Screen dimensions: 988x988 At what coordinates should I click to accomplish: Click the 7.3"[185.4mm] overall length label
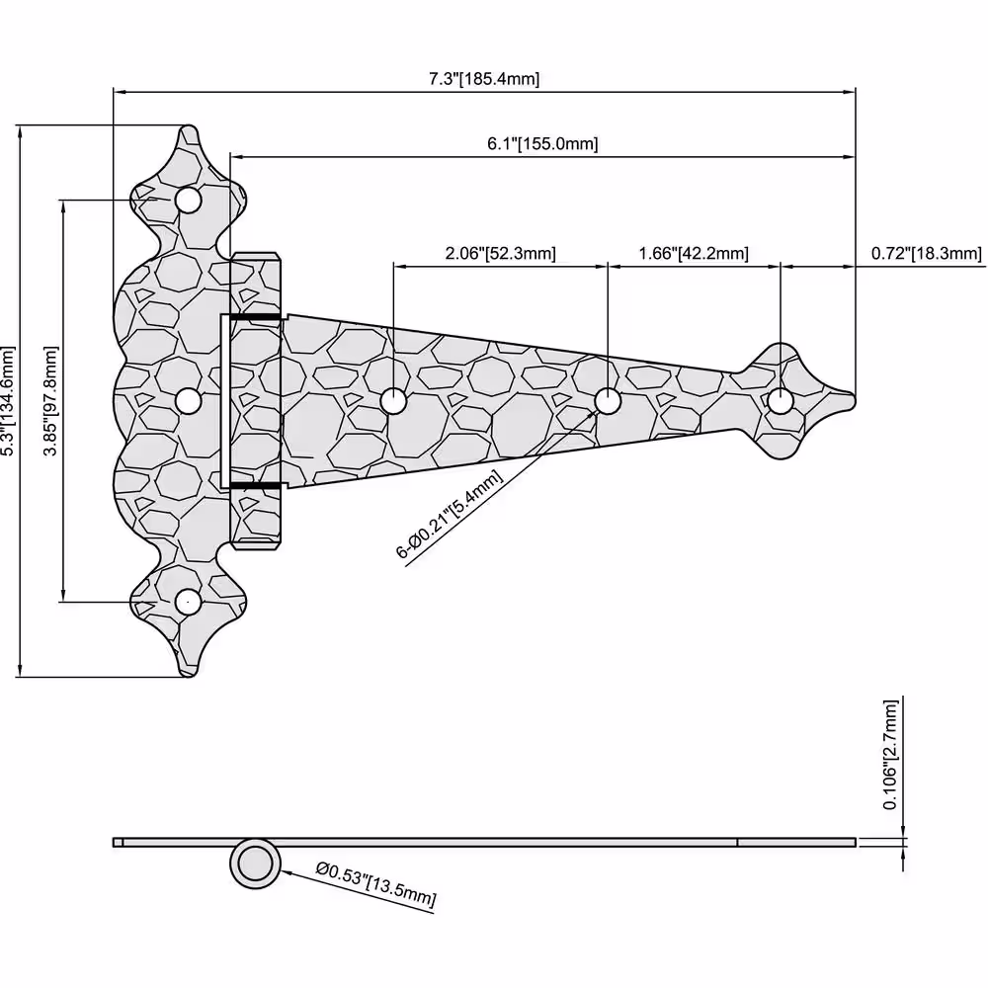pyautogui.click(x=484, y=79)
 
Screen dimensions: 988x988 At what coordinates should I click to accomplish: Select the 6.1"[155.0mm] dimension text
pyautogui.click(x=542, y=143)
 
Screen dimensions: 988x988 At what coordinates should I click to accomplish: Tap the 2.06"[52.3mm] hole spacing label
pyautogui.click(x=500, y=253)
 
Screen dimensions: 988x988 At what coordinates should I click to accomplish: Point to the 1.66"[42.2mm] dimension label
pyautogui.click(x=694, y=253)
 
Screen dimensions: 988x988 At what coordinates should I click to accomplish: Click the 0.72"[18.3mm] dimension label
pyautogui.click(x=927, y=253)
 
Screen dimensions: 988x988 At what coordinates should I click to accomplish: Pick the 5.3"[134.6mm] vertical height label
pyautogui.click(x=8, y=401)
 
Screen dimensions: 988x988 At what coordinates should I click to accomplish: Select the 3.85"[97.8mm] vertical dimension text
pyautogui.click(x=50, y=401)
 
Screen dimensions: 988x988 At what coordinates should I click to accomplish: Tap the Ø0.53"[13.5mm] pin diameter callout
pyautogui.click(x=376, y=884)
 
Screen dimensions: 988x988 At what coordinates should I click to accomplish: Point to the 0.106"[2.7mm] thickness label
pyautogui.click(x=890, y=754)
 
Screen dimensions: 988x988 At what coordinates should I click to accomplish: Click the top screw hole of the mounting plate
pyautogui.click(x=188, y=201)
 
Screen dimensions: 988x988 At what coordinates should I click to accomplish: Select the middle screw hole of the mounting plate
pyautogui.click(x=188, y=401)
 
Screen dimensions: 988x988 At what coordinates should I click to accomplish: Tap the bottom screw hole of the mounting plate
pyautogui.click(x=188, y=602)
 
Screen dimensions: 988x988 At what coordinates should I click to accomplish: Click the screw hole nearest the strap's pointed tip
pyautogui.click(x=781, y=401)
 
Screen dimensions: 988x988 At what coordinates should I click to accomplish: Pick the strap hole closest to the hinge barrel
pyautogui.click(x=393, y=401)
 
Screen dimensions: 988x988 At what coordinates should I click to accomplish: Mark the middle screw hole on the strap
pyautogui.click(x=608, y=401)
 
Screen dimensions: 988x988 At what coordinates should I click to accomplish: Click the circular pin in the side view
pyautogui.click(x=255, y=864)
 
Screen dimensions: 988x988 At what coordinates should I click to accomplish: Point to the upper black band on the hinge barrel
pyautogui.click(x=255, y=317)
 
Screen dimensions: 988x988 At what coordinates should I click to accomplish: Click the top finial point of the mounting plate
pyautogui.click(x=188, y=127)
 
